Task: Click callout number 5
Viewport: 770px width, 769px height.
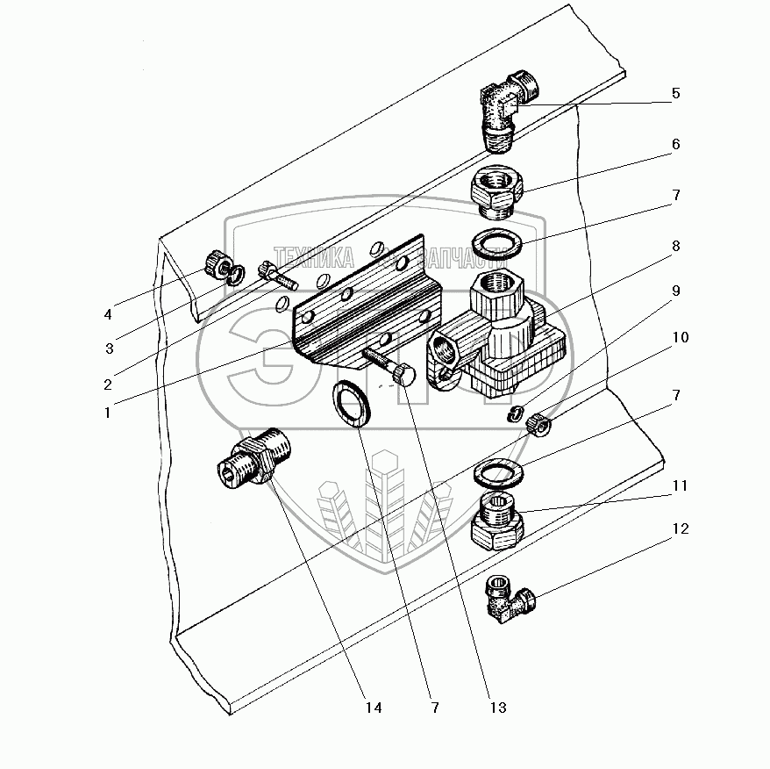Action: point(676,93)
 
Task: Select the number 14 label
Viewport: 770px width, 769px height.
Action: point(374,708)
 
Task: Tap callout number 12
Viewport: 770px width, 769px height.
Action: point(681,528)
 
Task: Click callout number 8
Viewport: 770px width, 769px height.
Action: point(676,247)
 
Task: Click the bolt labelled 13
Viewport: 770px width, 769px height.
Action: point(386,367)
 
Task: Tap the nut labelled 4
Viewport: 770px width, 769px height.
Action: point(216,262)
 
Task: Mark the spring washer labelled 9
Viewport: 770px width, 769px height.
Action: point(517,413)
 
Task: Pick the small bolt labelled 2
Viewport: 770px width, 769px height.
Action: point(278,277)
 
